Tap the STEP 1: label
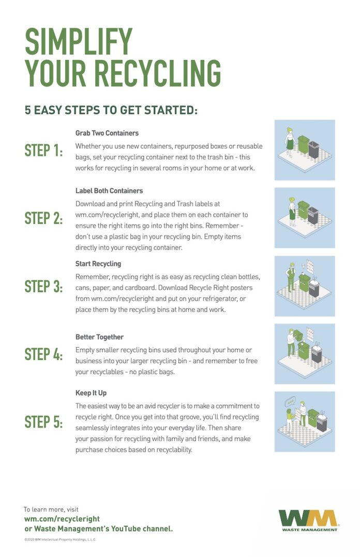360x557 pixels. point(44,151)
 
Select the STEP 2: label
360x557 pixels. point(44,218)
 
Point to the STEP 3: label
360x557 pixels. point(44,286)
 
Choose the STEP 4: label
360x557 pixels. point(44,354)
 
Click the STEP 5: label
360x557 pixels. point(44,422)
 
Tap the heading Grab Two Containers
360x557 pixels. point(107,133)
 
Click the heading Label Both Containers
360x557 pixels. point(109,190)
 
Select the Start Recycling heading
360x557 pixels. point(98,264)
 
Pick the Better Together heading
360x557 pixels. point(99,337)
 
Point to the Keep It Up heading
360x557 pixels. point(91,393)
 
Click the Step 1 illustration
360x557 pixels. point(304,150)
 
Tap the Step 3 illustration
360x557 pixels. point(304,286)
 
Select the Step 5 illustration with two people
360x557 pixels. point(304,421)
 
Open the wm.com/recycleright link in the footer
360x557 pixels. point(62,519)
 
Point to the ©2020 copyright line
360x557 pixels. point(60,539)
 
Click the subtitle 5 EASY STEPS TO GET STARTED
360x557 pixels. point(111,110)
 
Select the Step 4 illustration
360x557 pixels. point(304,354)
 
